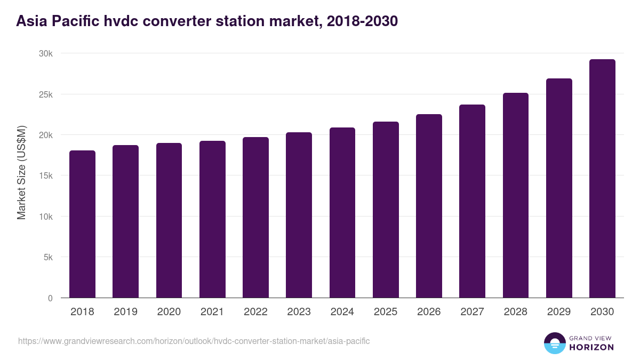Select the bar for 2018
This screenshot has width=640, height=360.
[82, 224]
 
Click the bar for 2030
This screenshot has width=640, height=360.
[602, 179]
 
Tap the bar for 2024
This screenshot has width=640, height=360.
[342, 213]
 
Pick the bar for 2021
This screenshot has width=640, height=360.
[212, 219]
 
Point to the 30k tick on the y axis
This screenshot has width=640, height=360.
[46, 54]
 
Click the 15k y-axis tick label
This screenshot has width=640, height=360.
[46, 176]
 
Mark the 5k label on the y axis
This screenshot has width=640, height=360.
[48, 257]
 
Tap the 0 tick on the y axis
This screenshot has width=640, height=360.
[50, 298]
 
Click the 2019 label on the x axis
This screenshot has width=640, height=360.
[125, 312]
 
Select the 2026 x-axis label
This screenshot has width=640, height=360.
[429, 312]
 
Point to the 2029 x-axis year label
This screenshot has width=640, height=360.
[559, 312]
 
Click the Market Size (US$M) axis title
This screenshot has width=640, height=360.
[22, 173]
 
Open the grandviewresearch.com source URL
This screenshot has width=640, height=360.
[194, 341]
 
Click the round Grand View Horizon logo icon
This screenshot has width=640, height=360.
[554, 343]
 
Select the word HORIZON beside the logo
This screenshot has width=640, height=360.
[591, 347]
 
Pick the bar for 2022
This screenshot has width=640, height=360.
[255, 218]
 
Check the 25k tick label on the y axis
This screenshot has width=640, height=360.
[46, 94]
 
